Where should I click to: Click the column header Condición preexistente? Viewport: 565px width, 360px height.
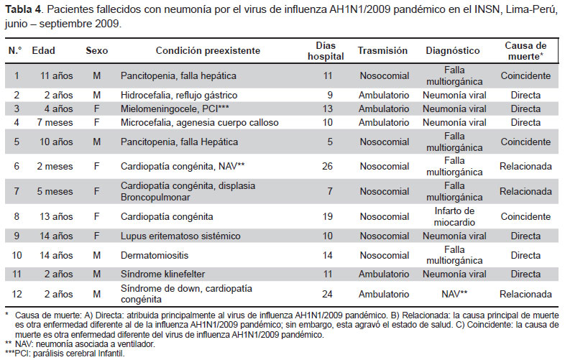[x=208, y=50]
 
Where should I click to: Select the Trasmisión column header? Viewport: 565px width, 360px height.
[x=382, y=50]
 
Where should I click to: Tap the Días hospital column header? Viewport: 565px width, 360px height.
[x=326, y=51]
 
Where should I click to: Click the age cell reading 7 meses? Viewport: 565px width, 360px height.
[x=55, y=123]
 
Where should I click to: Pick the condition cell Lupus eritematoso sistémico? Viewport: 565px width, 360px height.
[x=180, y=236]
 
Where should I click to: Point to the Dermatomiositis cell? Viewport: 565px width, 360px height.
[x=155, y=256]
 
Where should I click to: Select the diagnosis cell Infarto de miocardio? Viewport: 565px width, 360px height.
[x=454, y=216]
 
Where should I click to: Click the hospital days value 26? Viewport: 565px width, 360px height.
[x=327, y=167]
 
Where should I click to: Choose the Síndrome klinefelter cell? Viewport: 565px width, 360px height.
[x=163, y=274]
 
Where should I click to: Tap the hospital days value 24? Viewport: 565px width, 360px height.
[x=327, y=295]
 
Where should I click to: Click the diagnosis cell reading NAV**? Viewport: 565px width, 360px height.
[x=454, y=295]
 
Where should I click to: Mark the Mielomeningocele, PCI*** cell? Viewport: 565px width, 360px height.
[x=175, y=109]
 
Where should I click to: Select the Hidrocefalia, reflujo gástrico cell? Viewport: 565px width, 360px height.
[x=179, y=95]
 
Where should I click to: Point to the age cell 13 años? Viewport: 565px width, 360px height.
[x=56, y=216]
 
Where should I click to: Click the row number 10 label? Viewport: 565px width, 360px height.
[x=17, y=256]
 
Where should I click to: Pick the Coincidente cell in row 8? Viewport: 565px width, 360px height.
[x=525, y=216]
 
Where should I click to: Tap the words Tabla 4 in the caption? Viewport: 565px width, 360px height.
[x=23, y=9]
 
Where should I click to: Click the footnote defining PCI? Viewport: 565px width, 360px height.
[x=65, y=354]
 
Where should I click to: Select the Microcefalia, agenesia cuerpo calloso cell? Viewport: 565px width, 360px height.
[x=200, y=123]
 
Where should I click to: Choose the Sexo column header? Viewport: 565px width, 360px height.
[x=96, y=50]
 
